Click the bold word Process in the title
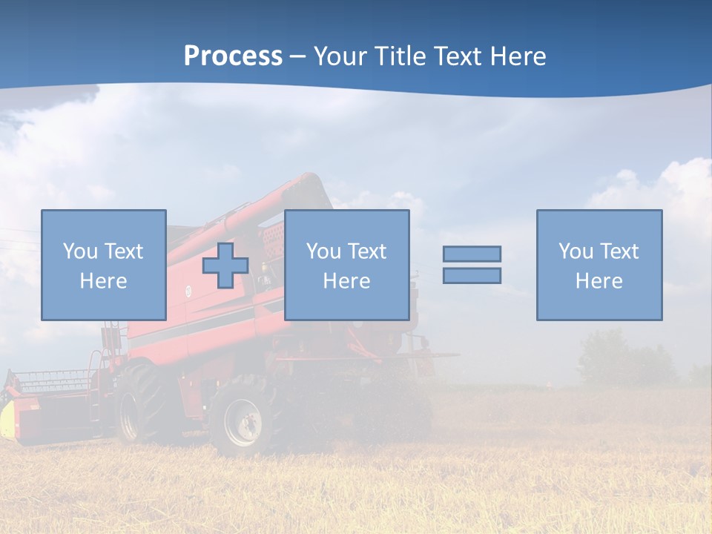pos(233,56)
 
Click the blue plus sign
pos(225,266)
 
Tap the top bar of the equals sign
pos(472,254)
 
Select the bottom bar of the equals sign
pos(472,275)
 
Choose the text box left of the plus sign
pos(104,265)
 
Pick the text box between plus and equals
pos(346,265)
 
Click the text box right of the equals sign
pos(599,265)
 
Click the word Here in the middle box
pos(346,281)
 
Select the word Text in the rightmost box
pos(619,251)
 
